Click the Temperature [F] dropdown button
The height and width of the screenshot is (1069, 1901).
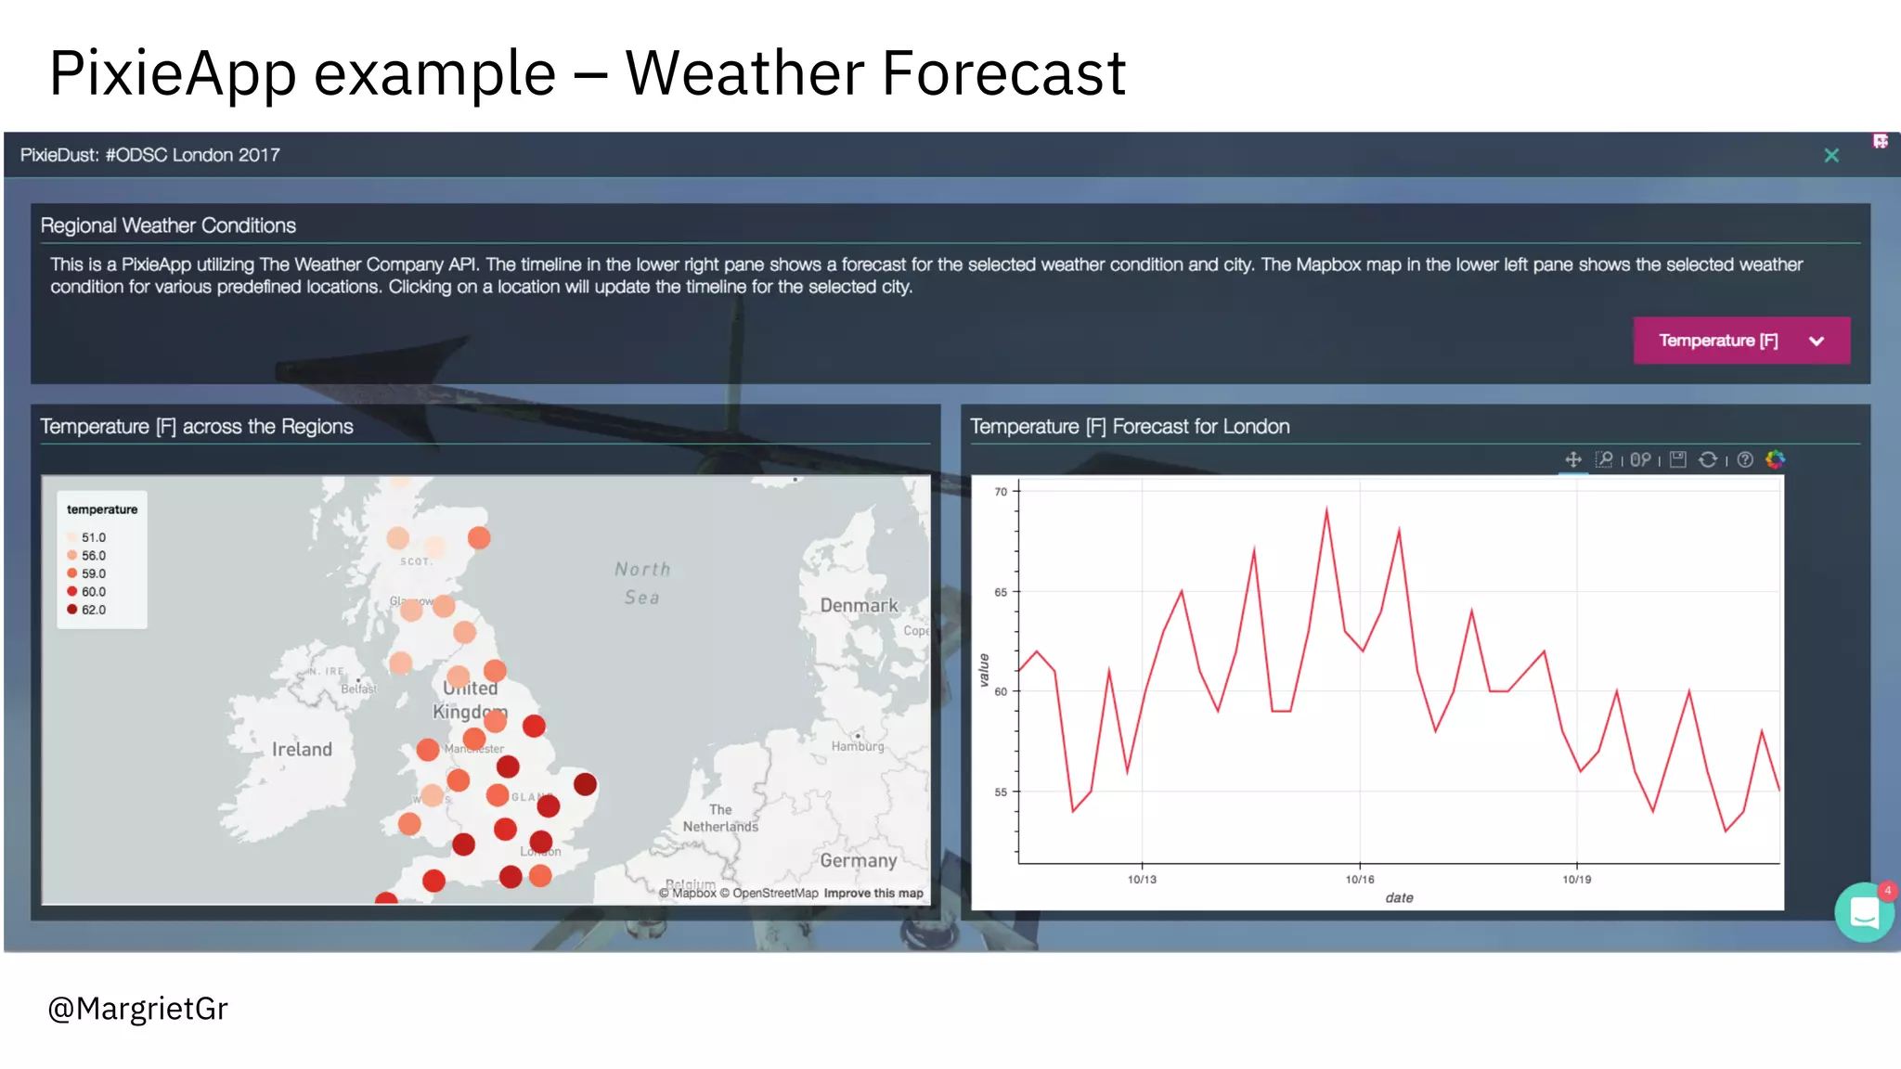point(1740,341)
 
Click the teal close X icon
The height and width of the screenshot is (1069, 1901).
point(1830,156)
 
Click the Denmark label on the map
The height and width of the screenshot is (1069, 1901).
point(859,605)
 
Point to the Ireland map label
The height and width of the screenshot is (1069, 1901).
point(302,749)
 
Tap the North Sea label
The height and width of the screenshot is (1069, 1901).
point(642,583)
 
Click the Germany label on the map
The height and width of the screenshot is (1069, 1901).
point(858,860)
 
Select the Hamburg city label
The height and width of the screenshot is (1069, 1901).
point(857,746)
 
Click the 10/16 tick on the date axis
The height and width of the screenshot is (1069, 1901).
point(1359,879)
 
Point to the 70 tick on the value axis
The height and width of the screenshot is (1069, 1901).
point(1001,492)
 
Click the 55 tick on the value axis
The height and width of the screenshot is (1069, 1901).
point(1001,792)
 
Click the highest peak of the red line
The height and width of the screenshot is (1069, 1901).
point(1326,509)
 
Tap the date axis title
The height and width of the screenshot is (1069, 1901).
point(1399,897)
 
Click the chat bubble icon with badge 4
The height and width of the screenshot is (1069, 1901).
point(1864,913)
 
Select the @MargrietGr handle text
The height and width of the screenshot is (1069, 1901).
point(137,1009)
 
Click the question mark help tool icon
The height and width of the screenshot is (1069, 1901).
point(1745,459)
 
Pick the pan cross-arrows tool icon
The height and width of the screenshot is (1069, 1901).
point(1572,459)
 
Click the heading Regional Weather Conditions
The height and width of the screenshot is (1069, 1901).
point(168,225)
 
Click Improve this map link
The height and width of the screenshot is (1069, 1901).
point(873,894)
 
